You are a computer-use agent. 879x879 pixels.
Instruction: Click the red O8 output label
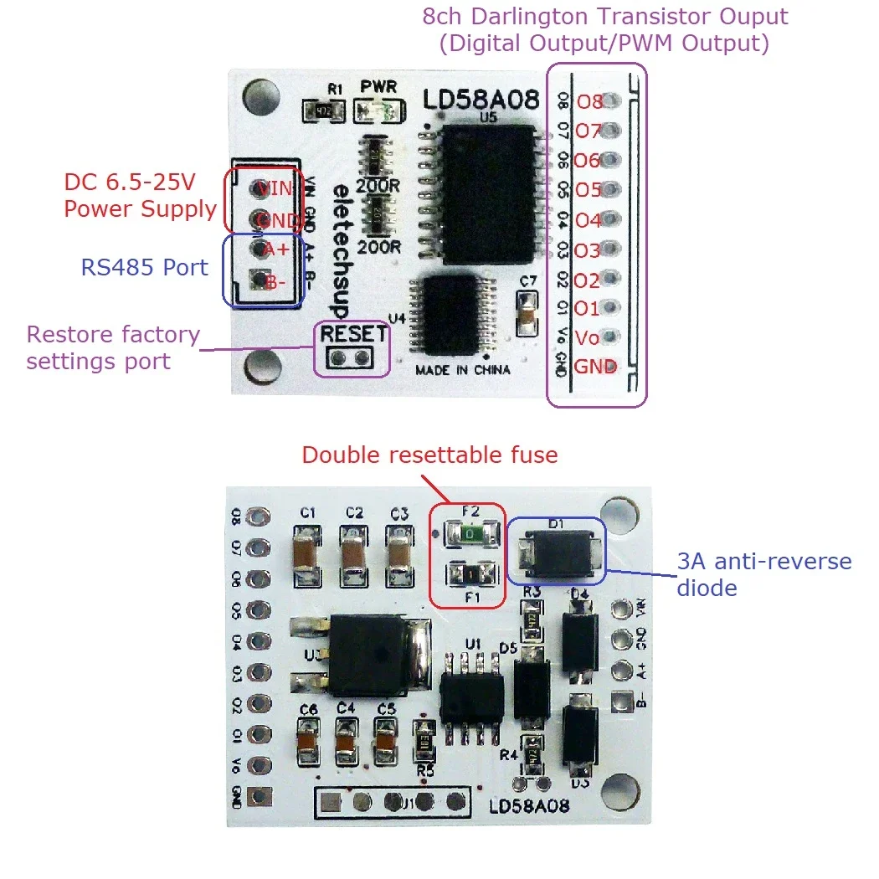pos(589,102)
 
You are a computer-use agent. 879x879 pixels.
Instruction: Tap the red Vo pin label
pos(588,338)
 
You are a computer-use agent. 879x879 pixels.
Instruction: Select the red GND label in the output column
pos(595,367)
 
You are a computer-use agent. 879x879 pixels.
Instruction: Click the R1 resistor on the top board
pos(322,109)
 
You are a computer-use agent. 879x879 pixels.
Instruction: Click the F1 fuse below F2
pos(468,573)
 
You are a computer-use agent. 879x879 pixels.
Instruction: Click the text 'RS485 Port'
pos(144,268)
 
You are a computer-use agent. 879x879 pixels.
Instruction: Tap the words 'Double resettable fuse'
pos(429,455)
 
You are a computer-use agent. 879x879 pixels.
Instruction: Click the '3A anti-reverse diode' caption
pos(763,574)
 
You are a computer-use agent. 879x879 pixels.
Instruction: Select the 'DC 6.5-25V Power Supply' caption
pos(140,196)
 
